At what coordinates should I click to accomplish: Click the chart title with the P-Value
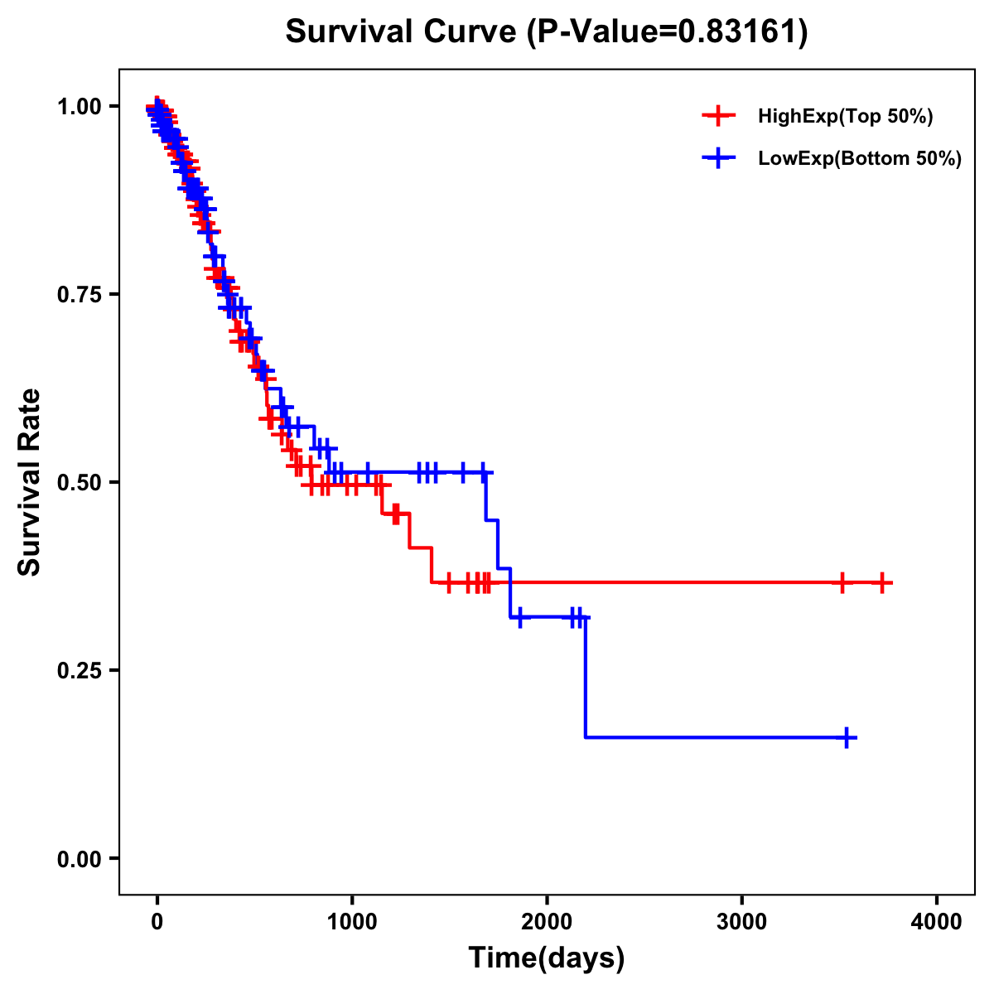coord(547,32)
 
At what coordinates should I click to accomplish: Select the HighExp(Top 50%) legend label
coord(845,117)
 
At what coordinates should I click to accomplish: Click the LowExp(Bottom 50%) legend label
coord(860,159)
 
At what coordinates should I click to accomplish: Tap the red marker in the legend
coord(718,117)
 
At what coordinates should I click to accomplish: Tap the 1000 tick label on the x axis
coord(352,922)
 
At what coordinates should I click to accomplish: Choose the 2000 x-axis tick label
coord(547,922)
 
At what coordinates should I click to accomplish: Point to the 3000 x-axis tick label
coord(741,922)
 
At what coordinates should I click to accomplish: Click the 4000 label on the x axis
coord(937,922)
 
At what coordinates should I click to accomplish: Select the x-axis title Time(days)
coord(547,958)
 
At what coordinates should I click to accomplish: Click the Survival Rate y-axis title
coord(30,482)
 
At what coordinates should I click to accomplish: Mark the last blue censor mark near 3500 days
coord(847,737)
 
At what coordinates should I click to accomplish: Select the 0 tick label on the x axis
coord(157,922)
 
